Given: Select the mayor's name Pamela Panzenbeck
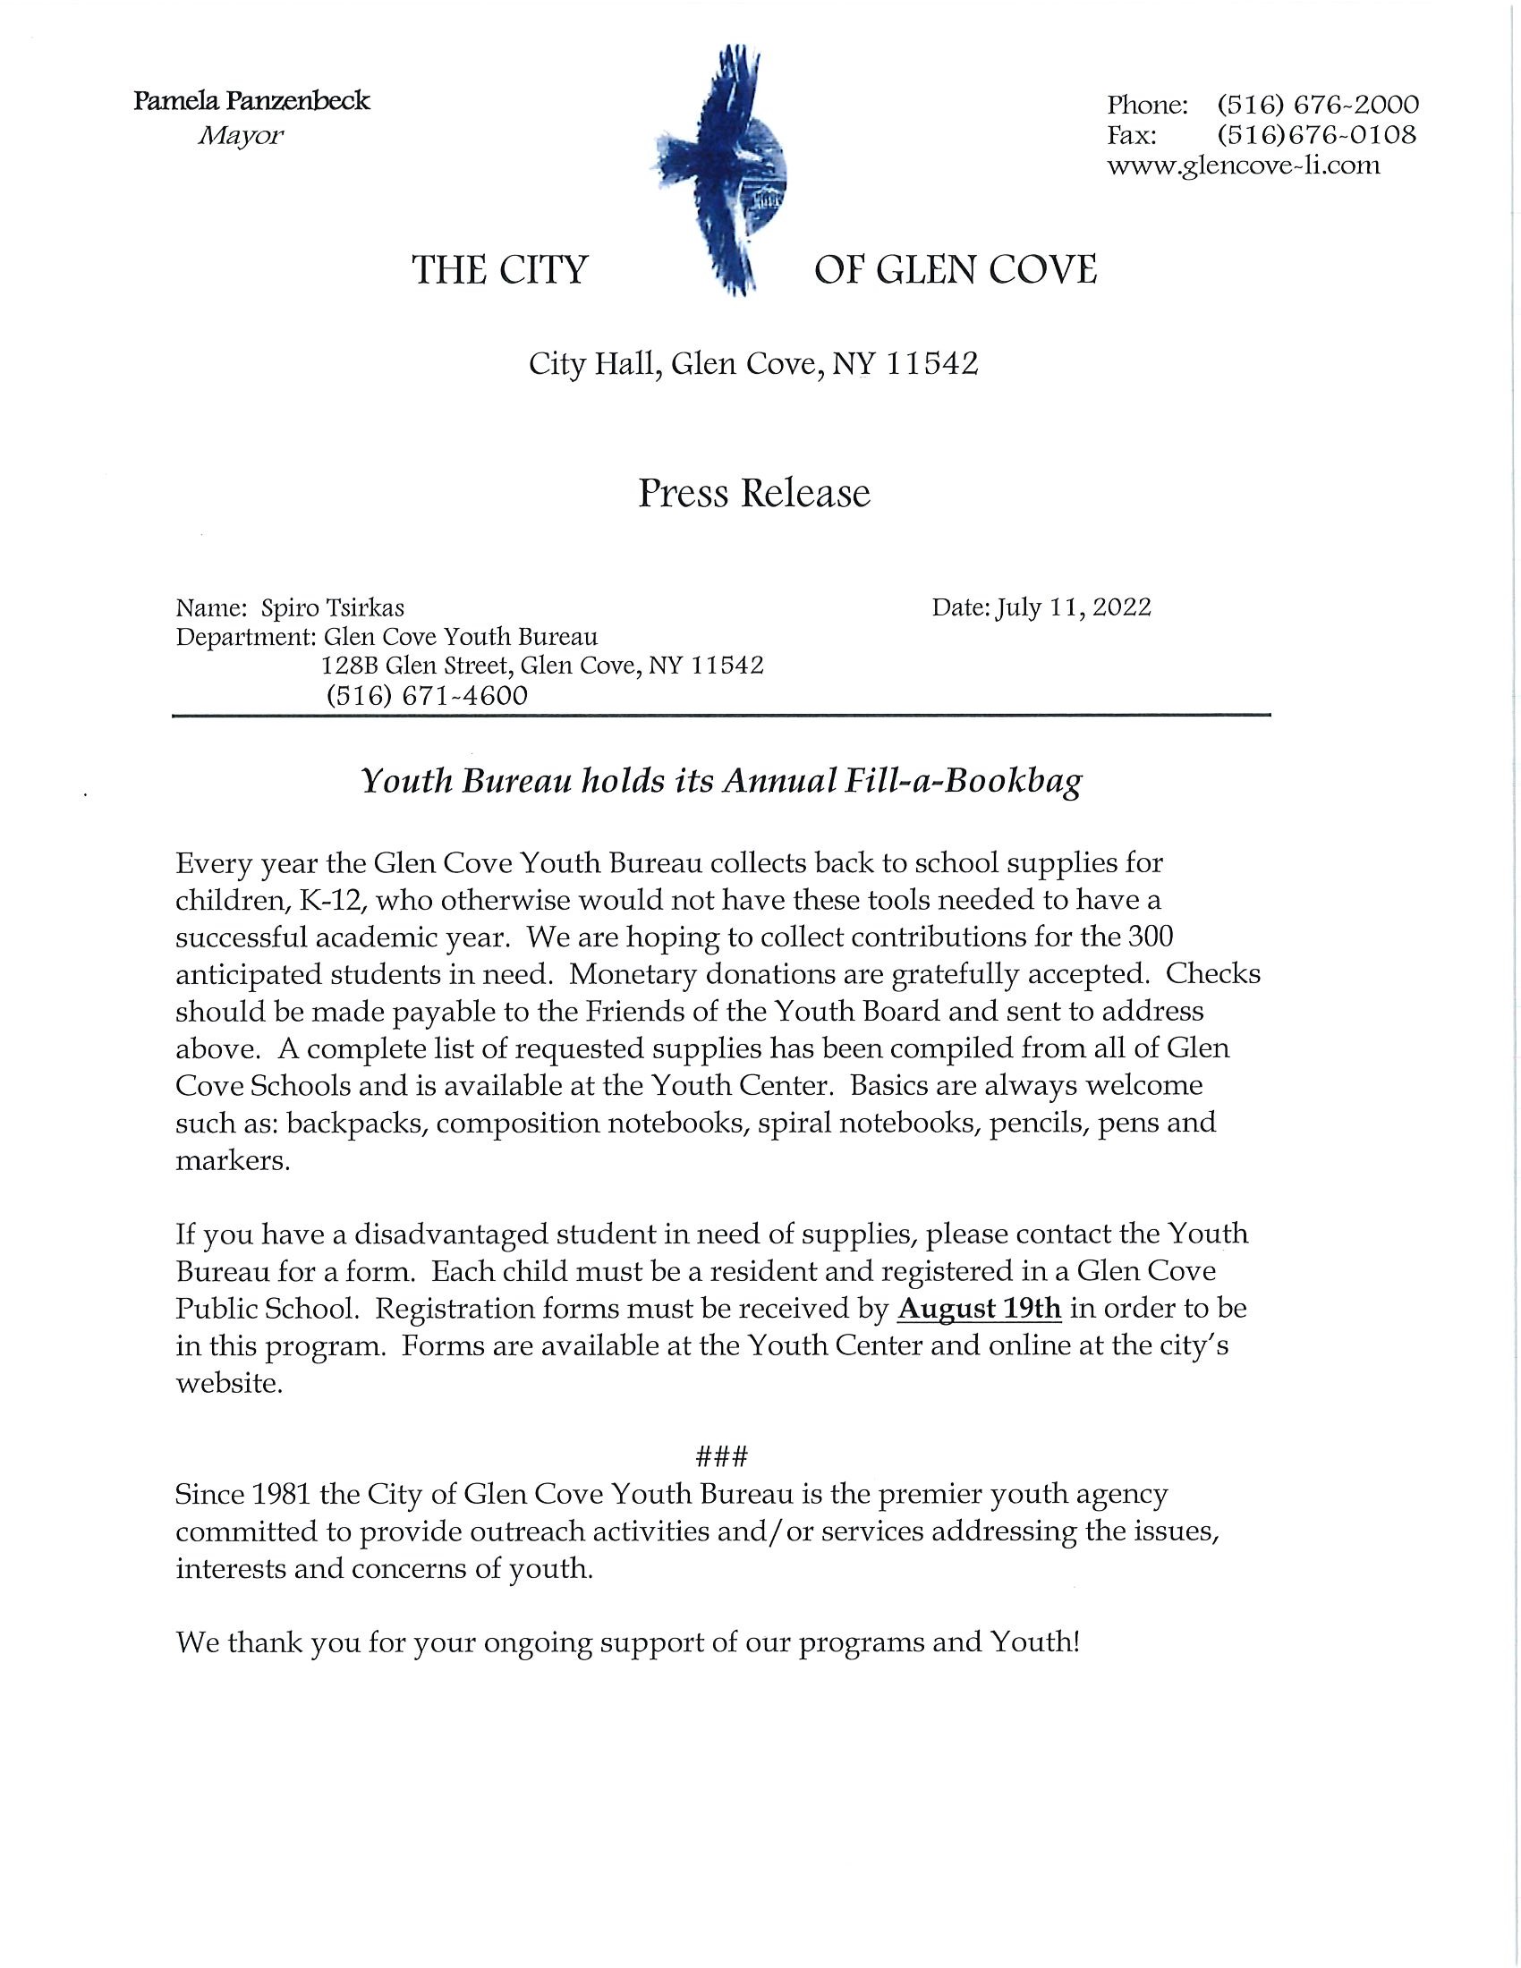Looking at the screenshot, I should point(251,100).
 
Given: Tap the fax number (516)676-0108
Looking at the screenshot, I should point(1316,135).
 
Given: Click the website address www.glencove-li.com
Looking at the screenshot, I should point(1243,165).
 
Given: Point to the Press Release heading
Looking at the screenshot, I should point(754,494).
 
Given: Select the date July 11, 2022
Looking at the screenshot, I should point(1073,607).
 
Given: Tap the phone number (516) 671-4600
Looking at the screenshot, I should point(427,696).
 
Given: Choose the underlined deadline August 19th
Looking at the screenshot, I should point(980,1309).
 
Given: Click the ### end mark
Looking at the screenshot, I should point(723,1456).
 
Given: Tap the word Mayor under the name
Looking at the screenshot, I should point(241,136).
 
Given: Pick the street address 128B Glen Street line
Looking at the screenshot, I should point(542,666).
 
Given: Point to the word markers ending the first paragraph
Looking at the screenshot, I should point(232,1160).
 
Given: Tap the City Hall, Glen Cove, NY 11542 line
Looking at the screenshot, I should point(753,364).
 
